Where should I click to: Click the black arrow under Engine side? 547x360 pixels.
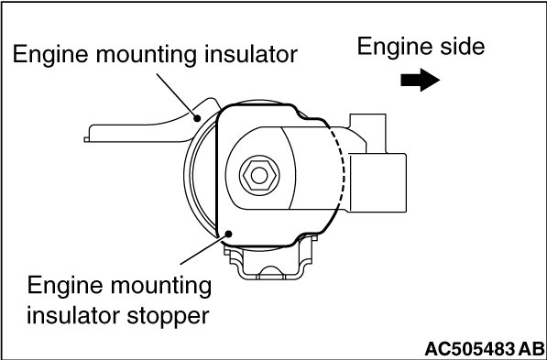tap(420, 80)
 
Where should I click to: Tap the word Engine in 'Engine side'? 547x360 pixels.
tap(389, 47)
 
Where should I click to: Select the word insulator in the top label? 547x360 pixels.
tap(251, 54)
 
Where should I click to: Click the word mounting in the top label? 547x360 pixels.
tap(147, 55)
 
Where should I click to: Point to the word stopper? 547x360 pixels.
tap(169, 316)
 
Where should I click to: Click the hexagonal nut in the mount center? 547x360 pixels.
tap(259, 176)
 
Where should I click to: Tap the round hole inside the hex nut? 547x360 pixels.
tap(259, 176)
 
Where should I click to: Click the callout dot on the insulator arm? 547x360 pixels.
tap(197, 118)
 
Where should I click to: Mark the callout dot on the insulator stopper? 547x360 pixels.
tap(229, 234)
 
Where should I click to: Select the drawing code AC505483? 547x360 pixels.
tap(470, 348)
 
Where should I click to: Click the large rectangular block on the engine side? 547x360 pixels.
tap(377, 182)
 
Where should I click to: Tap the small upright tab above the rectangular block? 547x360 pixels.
tap(367, 133)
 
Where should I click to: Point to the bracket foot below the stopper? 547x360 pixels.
tap(270, 260)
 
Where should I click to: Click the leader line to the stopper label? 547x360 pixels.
tap(202, 250)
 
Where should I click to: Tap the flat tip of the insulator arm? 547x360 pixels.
tap(86, 139)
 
